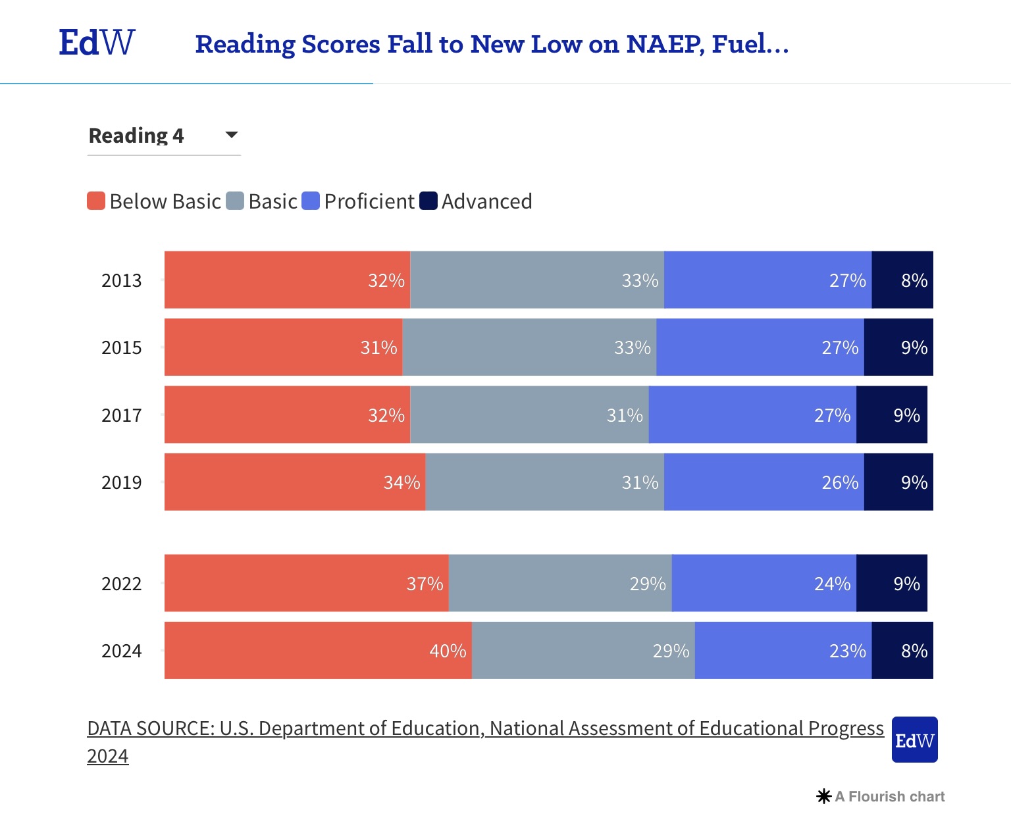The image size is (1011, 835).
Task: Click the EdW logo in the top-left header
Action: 97,43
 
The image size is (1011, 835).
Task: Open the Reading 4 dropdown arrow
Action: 231,135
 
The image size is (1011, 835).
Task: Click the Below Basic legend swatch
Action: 96,201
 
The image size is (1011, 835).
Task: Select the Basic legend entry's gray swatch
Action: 235,201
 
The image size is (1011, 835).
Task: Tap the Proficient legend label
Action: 369,201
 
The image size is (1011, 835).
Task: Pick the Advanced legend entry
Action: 486,201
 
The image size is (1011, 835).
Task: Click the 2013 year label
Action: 122,280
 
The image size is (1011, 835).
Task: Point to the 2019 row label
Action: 122,482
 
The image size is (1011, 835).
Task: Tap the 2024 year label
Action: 122,651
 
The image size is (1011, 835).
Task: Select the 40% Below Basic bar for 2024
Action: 318,651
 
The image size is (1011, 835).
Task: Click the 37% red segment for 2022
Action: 306,584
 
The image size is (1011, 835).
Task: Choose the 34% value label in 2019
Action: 402,482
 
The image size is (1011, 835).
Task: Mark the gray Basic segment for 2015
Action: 529,347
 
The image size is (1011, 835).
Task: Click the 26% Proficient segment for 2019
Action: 764,482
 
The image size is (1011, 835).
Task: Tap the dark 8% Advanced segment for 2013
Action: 902,280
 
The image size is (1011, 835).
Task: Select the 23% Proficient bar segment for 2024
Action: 783,651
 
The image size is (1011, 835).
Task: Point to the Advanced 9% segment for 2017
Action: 892,415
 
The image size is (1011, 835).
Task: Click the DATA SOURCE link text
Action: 485,728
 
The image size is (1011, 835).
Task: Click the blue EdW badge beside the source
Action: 914,740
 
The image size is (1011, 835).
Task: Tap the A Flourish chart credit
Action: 881,797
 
